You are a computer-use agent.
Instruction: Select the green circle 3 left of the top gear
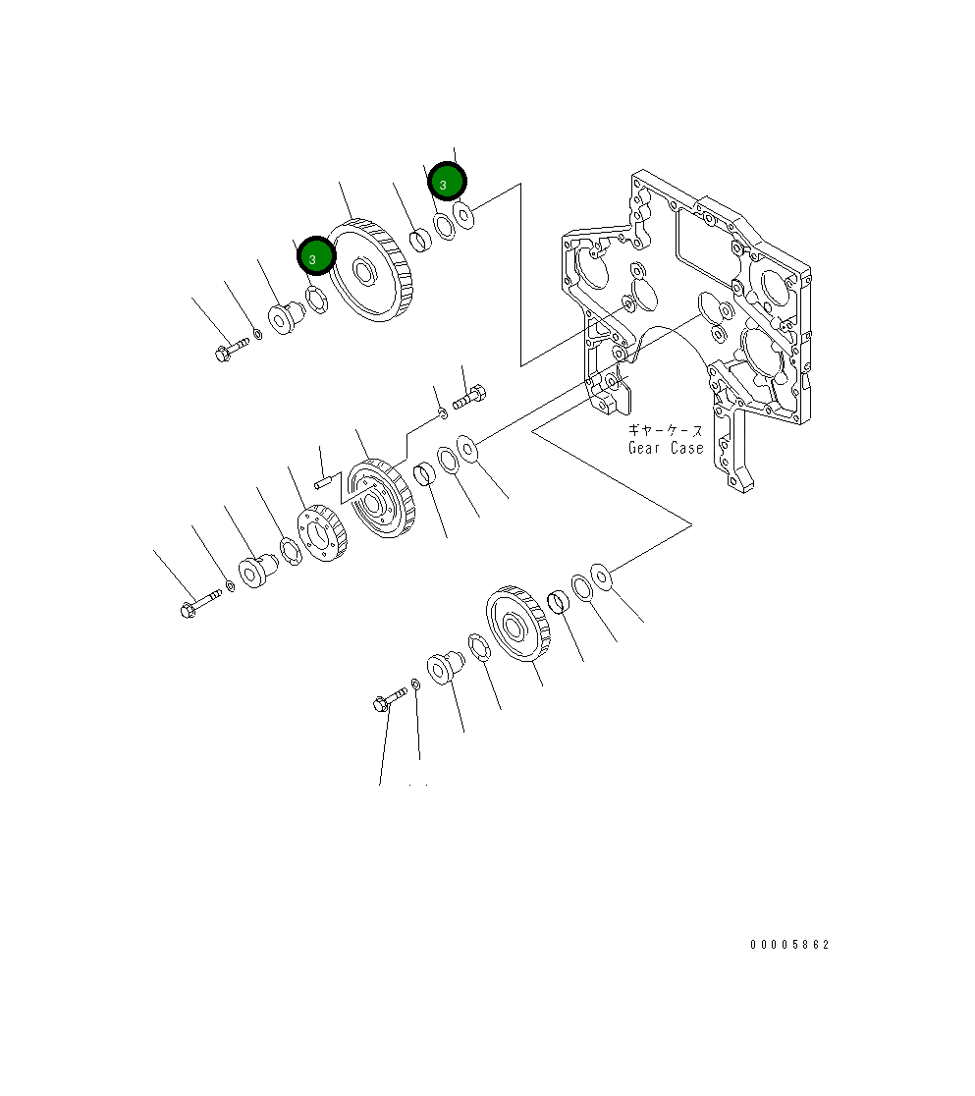(x=316, y=256)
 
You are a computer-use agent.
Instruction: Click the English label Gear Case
(x=666, y=448)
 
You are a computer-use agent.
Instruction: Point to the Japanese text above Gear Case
(x=666, y=430)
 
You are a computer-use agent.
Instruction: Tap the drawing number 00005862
(x=789, y=945)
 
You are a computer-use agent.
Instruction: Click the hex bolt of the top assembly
(x=231, y=348)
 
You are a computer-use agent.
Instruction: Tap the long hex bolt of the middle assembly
(x=197, y=604)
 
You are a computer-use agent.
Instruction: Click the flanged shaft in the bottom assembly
(x=444, y=666)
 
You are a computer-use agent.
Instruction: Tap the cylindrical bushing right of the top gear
(x=418, y=239)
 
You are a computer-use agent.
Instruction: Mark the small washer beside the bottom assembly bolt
(x=416, y=684)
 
